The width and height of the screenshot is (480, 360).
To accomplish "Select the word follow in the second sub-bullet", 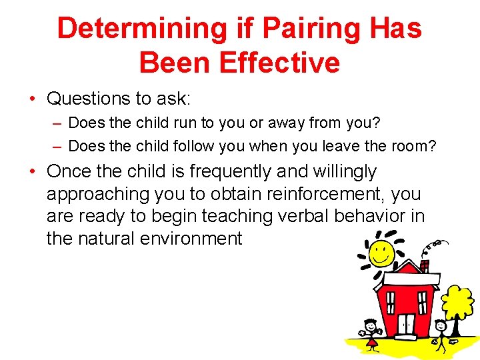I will click(193, 145).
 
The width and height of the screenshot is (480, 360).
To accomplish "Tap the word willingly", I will click(343, 171).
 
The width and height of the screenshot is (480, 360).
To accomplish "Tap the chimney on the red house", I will click(424, 266).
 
